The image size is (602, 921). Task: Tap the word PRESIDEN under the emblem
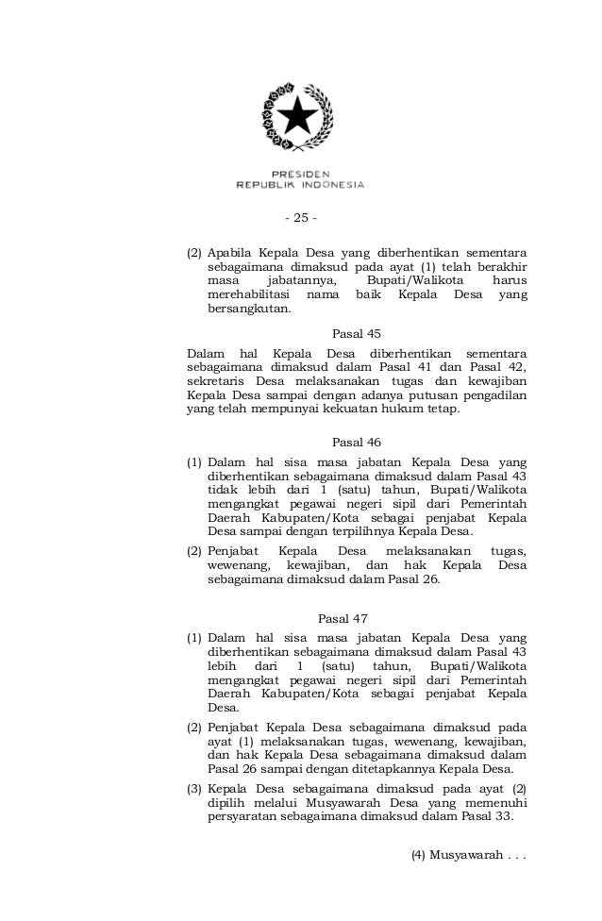(x=300, y=174)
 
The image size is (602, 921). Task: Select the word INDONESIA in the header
(x=331, y=184)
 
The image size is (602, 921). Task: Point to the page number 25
(x=300, y=219)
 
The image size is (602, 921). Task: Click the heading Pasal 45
(x=358, y=333)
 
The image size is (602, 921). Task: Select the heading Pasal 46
(x=358, y=441)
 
